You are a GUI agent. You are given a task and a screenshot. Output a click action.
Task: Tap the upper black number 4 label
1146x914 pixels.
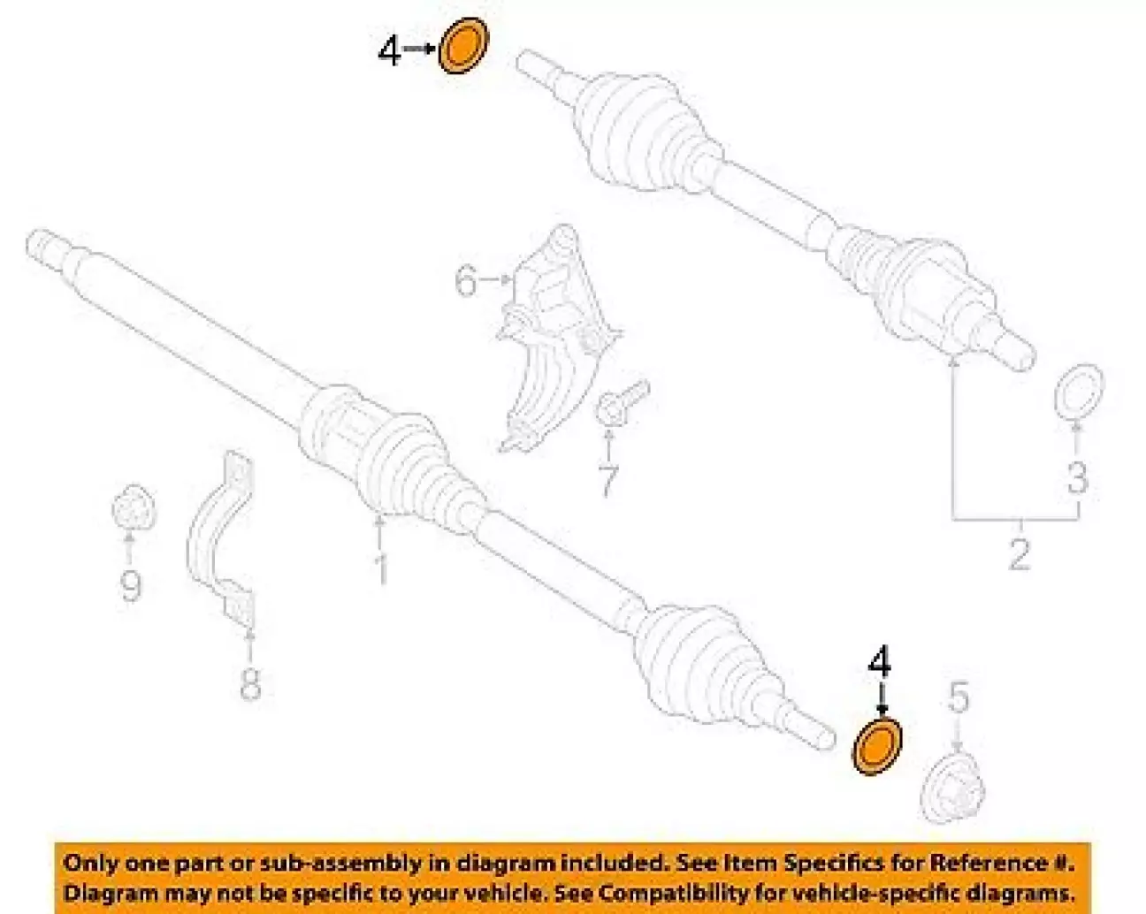point(389,51)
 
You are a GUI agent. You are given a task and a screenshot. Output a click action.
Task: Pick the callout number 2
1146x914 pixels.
point(1020,555)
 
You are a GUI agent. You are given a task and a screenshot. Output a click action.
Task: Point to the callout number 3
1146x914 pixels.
point(1077,477)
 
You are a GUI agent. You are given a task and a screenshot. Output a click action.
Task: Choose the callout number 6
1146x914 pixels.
point(466,282)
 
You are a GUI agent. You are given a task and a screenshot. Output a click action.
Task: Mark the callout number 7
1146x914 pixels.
point(607,481)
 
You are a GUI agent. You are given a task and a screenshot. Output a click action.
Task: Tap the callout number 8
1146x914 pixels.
point(250,683)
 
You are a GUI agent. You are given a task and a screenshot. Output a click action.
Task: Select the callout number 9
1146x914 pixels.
point(131,585)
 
